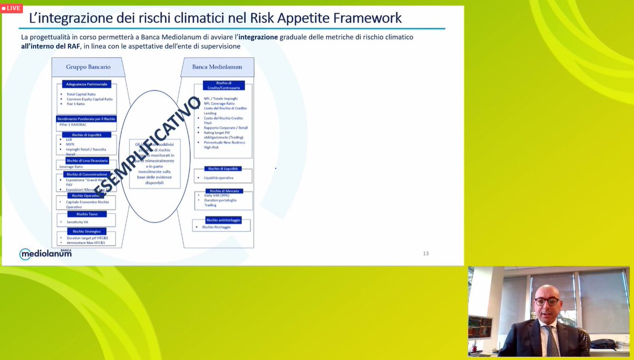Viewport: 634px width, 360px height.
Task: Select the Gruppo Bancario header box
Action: (87, 67)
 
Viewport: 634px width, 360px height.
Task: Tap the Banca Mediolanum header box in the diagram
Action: (217, 67)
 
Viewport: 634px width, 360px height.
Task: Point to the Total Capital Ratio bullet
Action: (81, 94)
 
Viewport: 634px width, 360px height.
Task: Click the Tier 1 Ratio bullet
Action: (77, 104)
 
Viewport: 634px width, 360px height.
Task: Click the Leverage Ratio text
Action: (71, 167)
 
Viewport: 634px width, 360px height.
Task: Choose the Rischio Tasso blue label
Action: (87, 214)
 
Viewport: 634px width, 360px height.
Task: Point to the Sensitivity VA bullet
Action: (77, 222)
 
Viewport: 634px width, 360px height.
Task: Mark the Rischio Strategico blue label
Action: (86, 231)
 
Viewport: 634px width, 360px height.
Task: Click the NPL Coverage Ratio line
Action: (219, 104)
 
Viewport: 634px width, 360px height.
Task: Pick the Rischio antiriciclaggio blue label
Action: (223, 219)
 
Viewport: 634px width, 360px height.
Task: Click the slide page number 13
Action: (426, 253)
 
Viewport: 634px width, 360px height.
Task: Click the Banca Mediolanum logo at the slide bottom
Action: (45, 253)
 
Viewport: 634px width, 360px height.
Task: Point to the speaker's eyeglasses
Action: (546, 301)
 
